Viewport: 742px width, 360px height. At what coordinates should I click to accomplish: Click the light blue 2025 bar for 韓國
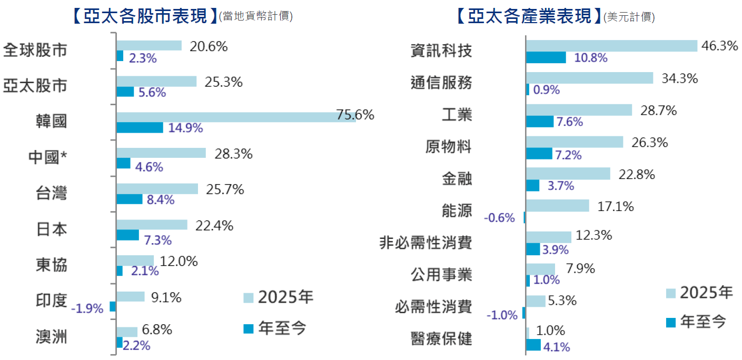(x=236, y=117)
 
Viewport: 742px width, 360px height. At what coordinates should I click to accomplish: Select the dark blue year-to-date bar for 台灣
(x=129, y=199)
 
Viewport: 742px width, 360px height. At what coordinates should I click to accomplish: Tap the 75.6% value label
(x=355, y=115)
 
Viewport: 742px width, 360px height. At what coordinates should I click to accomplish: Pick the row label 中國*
(x=51, y=157)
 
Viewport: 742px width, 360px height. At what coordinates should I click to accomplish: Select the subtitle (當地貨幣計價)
(x=256, y=16)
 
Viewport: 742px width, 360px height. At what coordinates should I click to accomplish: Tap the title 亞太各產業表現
(x=529, y=16)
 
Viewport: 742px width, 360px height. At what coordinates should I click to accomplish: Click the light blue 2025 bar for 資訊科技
(x=611, y=46)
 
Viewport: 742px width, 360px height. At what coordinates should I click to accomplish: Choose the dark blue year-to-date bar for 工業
(x=539, y=122)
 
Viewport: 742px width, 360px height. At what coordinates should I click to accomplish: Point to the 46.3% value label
(x=719, y=46)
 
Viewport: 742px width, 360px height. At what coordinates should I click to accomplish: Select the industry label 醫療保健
(x=441, y=338)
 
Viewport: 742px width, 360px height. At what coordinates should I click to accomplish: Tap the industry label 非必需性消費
(x=426, y=243)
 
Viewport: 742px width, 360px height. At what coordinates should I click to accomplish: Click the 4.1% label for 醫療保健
(x=556, y=347)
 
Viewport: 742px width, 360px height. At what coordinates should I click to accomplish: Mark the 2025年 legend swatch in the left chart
(x=248, y=298)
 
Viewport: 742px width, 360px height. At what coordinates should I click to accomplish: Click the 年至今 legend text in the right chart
(x=703, y=321)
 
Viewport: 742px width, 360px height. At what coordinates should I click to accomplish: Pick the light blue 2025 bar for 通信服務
(x=589, y=78)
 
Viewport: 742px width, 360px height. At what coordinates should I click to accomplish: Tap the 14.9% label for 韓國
(x=186, y=128)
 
